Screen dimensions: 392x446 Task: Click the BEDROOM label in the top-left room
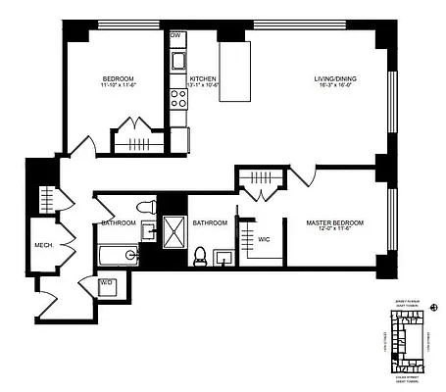point(118,78)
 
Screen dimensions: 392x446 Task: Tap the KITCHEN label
point(203,78)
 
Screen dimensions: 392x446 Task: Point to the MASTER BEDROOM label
point(334,223)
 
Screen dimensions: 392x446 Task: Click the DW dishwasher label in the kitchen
point(175,35)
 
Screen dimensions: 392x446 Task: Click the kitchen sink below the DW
point(178,62)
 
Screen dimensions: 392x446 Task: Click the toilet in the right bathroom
point(201,257)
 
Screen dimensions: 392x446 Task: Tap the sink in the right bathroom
point(223,258)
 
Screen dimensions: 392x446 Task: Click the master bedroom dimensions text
point(334,231)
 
